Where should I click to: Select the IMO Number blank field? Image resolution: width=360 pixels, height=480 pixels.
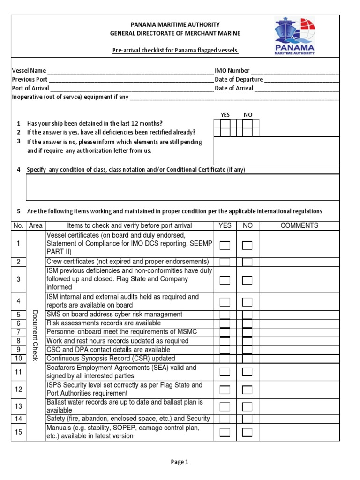[x=294, y=71]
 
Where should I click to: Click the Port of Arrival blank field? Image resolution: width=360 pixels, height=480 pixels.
[x=131, y=88]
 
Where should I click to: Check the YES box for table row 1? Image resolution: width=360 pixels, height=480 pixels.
[x=225, y=245]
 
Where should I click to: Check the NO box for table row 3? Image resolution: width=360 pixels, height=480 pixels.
[x=247, y=280]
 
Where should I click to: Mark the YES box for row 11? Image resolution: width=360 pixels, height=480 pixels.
[x=225, y=372]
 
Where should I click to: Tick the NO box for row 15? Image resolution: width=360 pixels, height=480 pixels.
[x=247, y=432]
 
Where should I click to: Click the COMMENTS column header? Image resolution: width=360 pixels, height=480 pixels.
[x=299, y=225]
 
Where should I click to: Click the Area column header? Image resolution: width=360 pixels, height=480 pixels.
[x=36, y=225]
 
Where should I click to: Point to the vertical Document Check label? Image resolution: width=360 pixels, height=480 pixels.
[x=35, y=335]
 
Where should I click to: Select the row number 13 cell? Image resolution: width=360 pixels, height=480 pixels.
[x=19, y=406]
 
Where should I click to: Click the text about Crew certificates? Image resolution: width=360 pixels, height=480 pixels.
[x=127, y=262]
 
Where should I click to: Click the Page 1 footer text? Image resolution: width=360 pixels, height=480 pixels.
[x=180, y=462]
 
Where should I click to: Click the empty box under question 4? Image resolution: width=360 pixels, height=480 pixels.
[x=182, y=187]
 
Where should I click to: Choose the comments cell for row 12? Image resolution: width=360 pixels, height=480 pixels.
[x=299, y=390]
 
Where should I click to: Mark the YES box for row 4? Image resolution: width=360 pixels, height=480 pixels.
[x=225, y=301]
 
